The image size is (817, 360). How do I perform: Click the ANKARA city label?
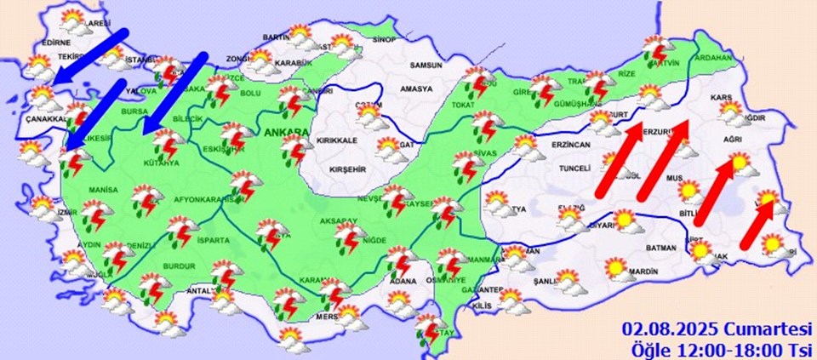[286, 134]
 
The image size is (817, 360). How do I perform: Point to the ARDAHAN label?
[713, 58]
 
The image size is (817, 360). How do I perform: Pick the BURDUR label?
[181, 266]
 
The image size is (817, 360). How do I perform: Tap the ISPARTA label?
[213, 241]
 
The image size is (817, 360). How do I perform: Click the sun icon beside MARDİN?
[615, 268]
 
